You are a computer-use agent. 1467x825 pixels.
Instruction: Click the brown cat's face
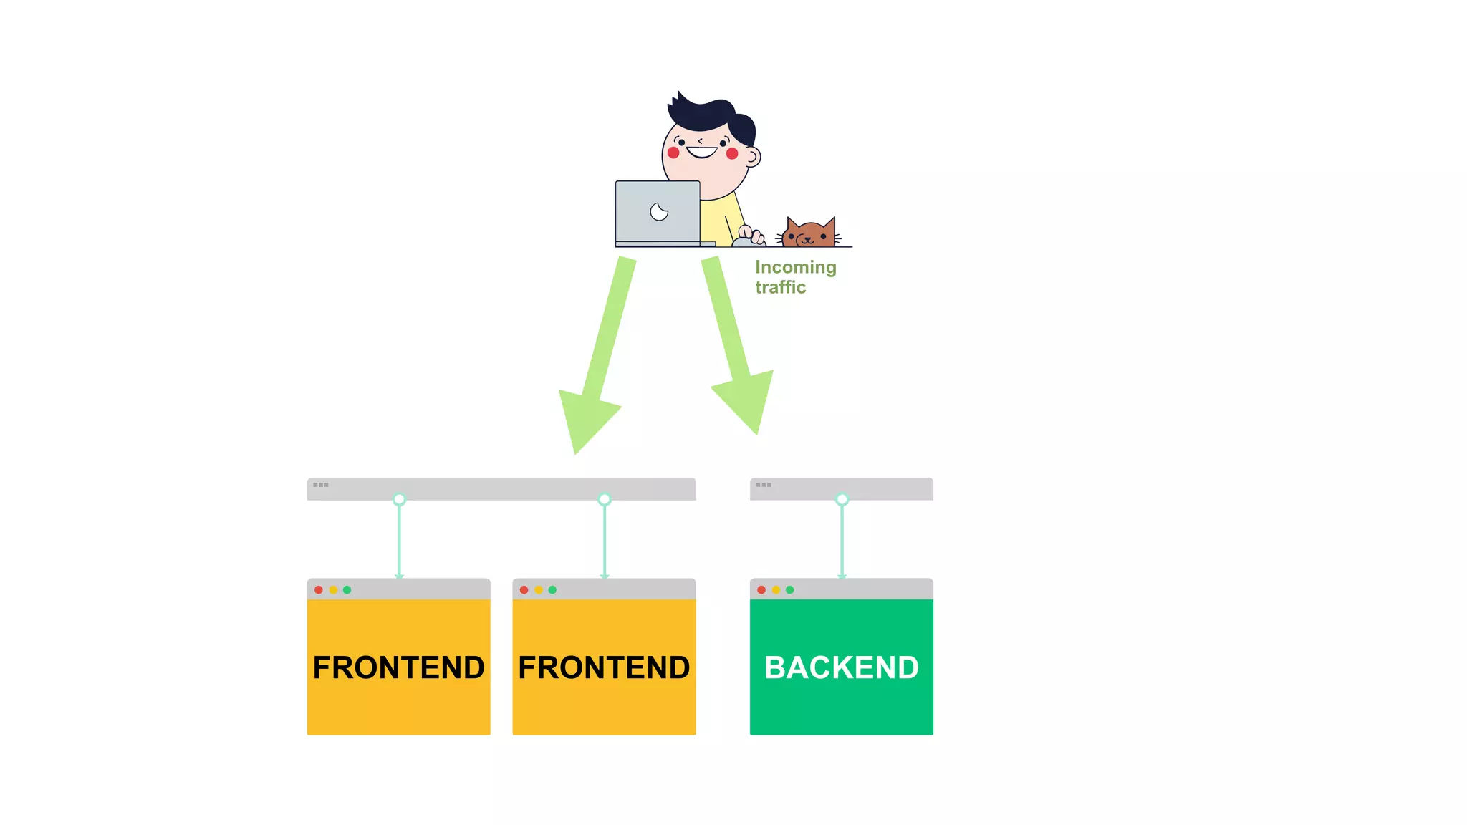809,234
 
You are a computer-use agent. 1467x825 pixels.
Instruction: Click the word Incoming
795,267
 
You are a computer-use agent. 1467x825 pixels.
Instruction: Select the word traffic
780,287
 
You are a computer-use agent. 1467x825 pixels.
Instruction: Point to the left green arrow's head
585,419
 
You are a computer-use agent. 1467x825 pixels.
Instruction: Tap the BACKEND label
841,667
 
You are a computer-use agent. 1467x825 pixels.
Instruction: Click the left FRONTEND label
398,667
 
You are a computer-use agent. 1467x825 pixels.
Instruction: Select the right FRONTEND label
604,667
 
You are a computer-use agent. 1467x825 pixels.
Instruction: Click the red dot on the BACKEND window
761,590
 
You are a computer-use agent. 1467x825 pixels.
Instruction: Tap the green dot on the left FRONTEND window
347,590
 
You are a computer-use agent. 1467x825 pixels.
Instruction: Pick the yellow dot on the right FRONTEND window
538,590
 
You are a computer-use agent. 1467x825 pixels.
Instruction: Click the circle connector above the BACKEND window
842,499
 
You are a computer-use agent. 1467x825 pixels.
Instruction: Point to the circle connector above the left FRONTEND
399,499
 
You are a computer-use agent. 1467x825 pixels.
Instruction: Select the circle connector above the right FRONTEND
605,499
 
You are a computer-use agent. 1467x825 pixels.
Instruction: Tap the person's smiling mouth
701,151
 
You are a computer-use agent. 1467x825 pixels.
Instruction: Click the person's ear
753,156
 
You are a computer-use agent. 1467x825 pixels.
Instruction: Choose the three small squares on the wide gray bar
321,485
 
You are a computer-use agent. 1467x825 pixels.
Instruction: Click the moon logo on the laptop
659,212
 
